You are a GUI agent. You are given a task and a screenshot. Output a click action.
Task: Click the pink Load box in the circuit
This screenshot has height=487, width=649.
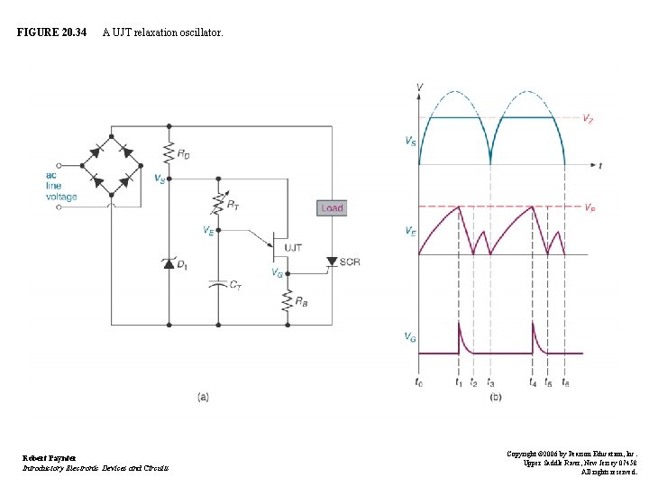coord(332,207)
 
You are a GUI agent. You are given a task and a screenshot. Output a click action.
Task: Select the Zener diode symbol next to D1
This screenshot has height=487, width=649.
coord(168,263)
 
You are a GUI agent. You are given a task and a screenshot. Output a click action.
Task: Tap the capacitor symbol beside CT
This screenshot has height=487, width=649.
coord(217,283)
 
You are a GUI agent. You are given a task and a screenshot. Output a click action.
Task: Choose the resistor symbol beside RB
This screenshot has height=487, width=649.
coord(287,299)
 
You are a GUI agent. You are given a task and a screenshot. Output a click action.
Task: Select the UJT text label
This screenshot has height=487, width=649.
coord(294,247)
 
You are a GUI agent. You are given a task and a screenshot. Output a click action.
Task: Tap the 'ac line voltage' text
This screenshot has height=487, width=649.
coord(61,186)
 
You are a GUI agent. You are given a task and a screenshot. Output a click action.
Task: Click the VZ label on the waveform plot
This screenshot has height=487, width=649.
coord(588,117)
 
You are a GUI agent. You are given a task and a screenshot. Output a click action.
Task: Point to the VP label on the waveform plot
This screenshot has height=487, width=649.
coord(589,207)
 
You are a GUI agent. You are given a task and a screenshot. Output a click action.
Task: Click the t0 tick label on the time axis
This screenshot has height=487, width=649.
coord(418,383)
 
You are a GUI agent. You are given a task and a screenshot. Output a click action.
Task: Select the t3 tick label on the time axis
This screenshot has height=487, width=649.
coord(490,383)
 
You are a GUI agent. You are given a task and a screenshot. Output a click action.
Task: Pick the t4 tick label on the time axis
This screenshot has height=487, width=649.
coord(533,383)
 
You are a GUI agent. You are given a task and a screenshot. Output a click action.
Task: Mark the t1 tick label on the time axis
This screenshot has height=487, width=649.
coord(459,383)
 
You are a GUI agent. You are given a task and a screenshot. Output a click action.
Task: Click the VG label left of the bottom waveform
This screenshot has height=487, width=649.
coord(410,336)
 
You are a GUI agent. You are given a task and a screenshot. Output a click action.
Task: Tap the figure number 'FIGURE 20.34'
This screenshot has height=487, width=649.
coord(51,32)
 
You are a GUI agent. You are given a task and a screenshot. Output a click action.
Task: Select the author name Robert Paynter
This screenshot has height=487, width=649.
coord(50,458)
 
